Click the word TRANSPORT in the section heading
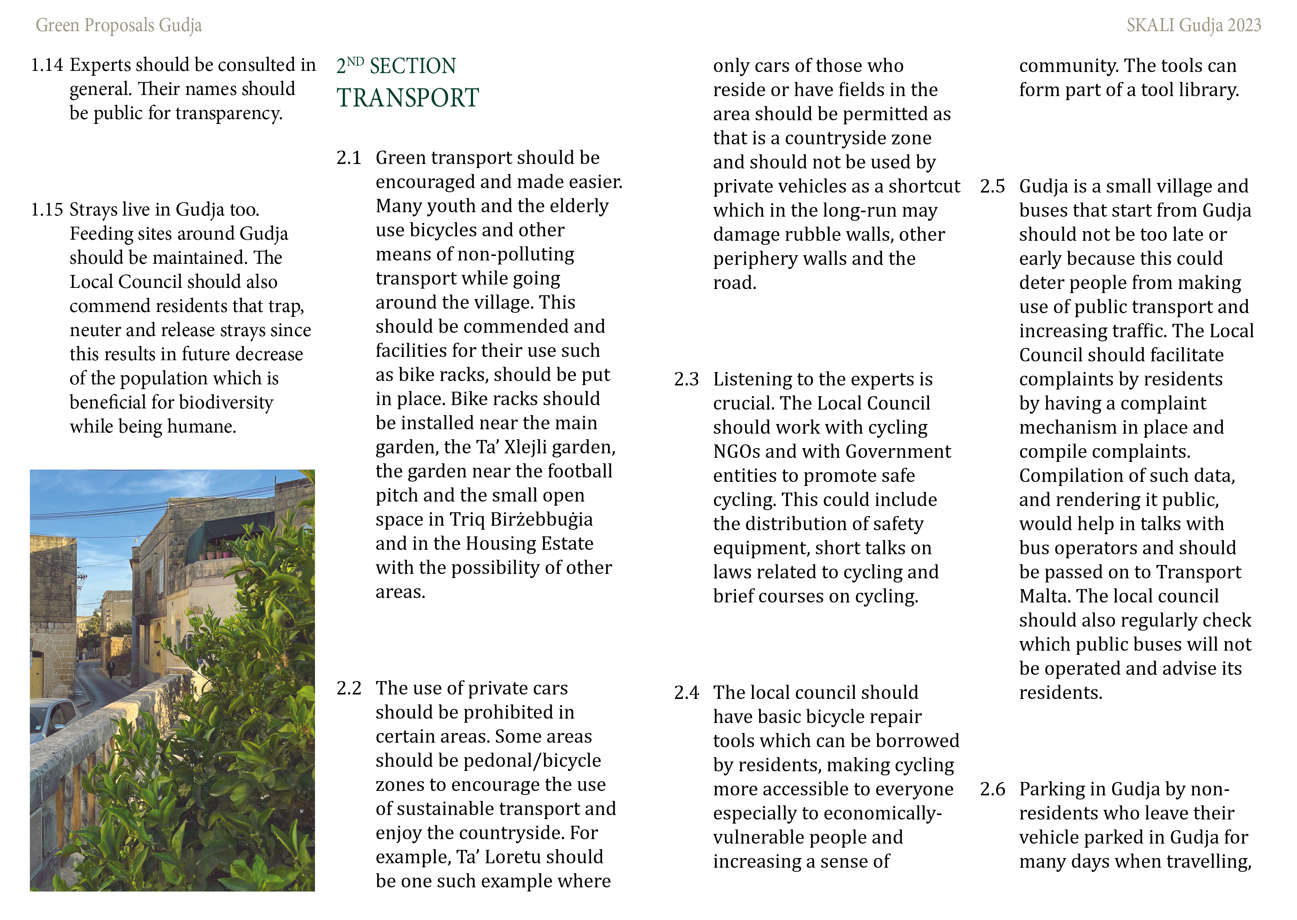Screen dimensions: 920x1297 408,98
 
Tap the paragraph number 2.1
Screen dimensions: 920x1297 348,158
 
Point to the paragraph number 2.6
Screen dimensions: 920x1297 992,789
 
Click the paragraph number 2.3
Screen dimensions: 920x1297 686,379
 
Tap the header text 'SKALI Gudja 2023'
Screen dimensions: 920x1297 1193,26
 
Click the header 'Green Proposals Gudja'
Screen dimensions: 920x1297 119,26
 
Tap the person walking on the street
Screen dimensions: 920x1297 111,669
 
